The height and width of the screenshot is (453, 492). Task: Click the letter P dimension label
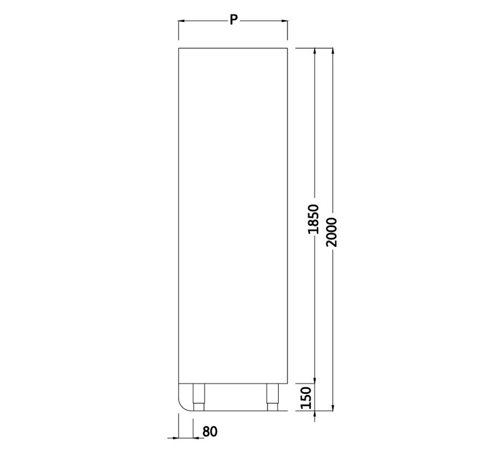233,20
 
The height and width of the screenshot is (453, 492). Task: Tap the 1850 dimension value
313,219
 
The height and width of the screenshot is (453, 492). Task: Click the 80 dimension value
210,431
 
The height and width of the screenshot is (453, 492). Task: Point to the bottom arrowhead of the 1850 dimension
315,380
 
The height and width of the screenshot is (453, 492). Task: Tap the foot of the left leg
198,408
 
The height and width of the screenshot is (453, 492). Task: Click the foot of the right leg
271,408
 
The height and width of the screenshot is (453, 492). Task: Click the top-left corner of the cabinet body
179,49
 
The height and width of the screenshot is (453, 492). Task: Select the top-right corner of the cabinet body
287,49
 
